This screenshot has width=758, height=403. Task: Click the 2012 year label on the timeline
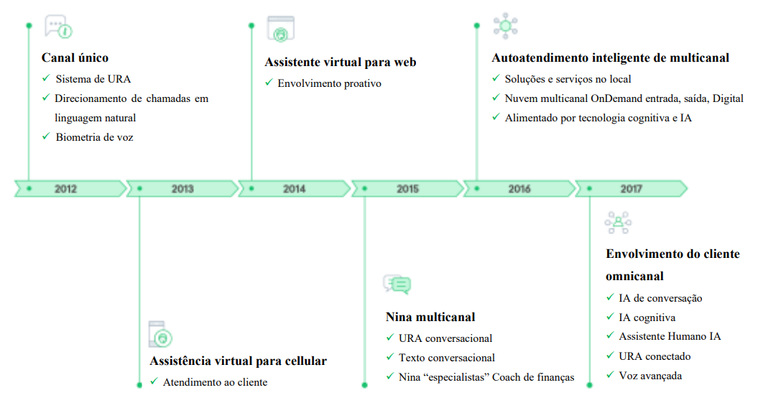pos(65,189)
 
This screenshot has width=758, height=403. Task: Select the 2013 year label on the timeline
pos(182,189)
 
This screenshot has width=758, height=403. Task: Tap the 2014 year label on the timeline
pos(294,189)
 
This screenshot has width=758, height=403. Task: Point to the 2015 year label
pos(407,189)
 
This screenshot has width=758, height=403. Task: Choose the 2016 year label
pos(519,189)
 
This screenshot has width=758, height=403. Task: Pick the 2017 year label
pos(632,189)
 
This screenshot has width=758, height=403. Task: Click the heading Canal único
pos(75,57)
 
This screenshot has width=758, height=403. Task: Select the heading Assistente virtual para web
pos(340,62)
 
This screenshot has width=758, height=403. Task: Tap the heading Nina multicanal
pos(430,317)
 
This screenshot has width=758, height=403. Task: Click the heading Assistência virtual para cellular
pos(238,361)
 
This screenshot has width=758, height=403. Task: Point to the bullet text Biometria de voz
pos(95,136)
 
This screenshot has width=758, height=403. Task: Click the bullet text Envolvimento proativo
pos(329,83)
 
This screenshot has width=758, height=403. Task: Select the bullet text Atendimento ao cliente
pos(215,382)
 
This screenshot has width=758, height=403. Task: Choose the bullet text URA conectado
pos(655,356)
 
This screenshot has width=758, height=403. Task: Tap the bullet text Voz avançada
pos(650,375)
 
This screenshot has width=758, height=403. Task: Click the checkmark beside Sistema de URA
pos(45,78)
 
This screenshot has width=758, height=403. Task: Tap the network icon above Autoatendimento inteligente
pos(505,26)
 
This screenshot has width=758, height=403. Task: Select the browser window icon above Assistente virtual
pos(281,29)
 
